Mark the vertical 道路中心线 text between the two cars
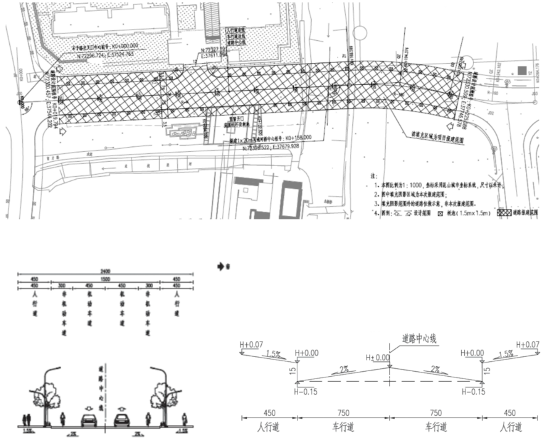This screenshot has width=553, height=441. pos(107,385)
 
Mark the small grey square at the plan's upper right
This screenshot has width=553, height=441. pos(523,71)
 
